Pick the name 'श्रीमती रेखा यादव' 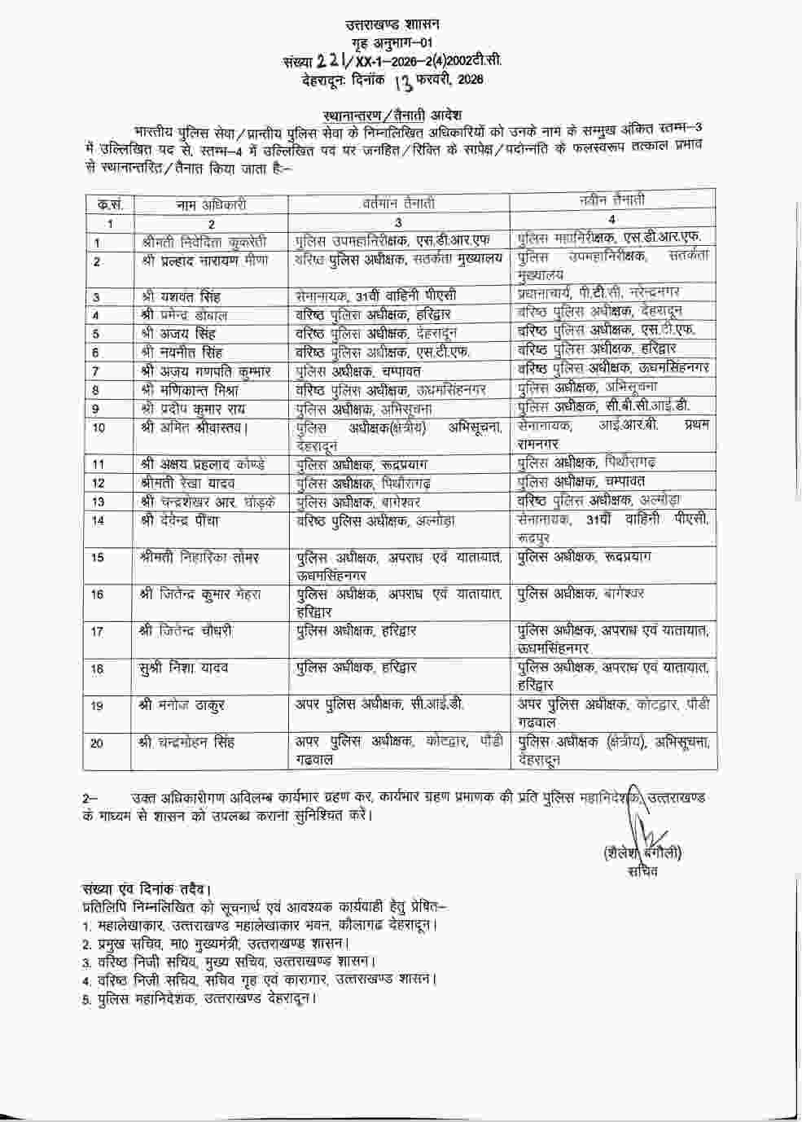(188, 483)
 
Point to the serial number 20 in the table (98, 743)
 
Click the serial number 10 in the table (99, 427)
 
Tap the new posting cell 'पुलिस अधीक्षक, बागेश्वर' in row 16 (581, 594)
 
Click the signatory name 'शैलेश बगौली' (642, 853)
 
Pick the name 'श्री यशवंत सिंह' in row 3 (181, 297)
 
